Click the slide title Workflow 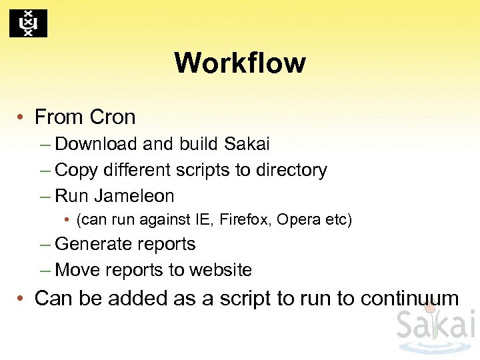240,63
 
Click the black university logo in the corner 28,23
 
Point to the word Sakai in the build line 247,144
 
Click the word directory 291,171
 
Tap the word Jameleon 134,197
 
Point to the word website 221,270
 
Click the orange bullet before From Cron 22,118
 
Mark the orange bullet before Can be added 22,299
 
